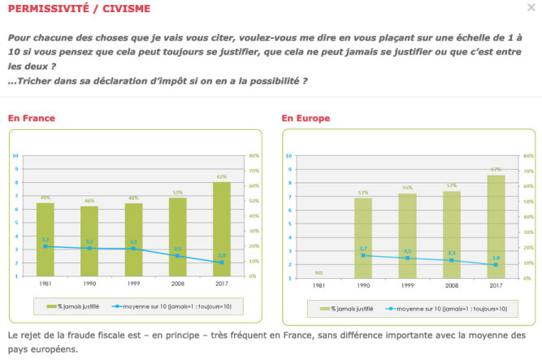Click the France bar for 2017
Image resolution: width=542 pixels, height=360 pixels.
point(222,228)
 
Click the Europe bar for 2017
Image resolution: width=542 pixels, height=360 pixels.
point(495,226)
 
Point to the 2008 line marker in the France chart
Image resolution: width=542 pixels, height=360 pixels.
point(178,257)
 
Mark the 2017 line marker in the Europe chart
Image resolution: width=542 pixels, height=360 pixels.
point(495,265)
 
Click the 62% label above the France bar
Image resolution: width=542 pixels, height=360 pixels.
point(222,176)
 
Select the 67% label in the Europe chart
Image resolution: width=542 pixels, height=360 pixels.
point(495,169)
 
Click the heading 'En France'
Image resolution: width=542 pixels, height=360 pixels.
point(32,119)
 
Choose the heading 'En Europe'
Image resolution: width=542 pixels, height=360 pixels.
point(306,119)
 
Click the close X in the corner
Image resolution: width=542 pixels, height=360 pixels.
point(531,8)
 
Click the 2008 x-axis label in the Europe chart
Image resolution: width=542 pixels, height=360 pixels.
point(451,285)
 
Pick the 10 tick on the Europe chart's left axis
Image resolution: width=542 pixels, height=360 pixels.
point(288,155)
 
